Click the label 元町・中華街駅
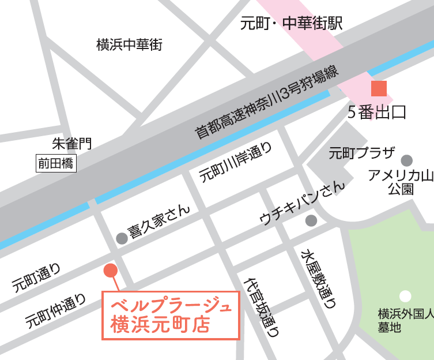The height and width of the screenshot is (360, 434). coord(292,24)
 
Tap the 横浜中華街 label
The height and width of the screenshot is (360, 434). coord(130,44)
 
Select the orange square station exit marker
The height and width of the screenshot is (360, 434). coord(379,89)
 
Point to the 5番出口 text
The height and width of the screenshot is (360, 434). coord(377,112)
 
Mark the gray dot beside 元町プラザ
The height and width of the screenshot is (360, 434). coord(407,160)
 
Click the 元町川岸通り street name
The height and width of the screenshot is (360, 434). coord(236,163)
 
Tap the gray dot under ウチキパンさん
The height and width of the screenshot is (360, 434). coord(311,220)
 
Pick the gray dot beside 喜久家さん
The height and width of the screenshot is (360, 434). coord(122,238)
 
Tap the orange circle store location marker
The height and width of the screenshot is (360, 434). coord(110,270)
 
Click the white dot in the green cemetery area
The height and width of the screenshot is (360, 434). coord(406,297)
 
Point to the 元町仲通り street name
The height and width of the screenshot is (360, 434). coord(56,312)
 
